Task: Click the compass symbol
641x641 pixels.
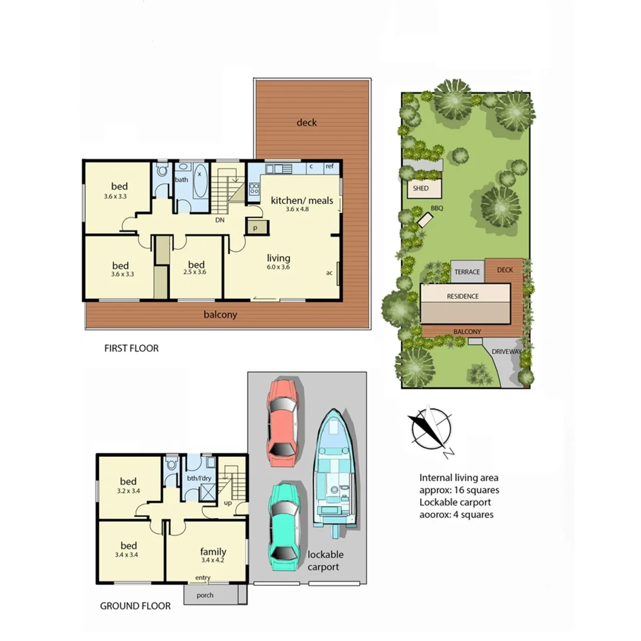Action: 430,430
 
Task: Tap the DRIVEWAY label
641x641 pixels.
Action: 506,351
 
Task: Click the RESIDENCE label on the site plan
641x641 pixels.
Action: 463,296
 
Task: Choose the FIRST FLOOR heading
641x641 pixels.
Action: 131,348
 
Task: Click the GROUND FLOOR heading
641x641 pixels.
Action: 135,606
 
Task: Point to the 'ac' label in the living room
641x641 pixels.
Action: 329,273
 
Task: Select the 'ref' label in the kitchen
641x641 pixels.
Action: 329,167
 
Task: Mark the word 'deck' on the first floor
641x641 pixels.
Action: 307,122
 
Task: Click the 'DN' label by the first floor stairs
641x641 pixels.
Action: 220,219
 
